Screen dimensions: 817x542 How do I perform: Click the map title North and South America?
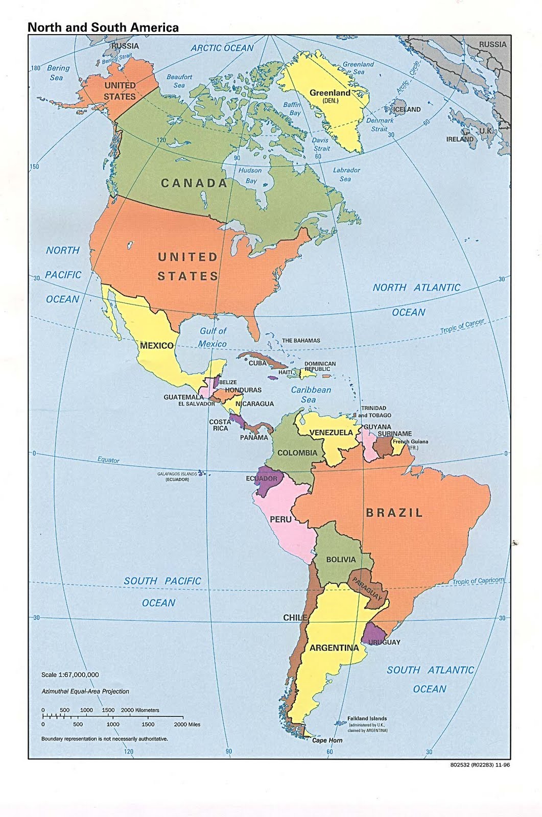[103, 28]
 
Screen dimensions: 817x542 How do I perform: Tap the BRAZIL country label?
[394, 513]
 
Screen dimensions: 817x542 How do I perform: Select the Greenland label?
[329, 93]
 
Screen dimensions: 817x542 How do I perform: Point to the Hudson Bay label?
[250, 175]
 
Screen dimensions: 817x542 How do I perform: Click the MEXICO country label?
[156, 346]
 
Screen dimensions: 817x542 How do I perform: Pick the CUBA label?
[257, 363]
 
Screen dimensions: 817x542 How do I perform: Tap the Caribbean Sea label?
[311, 394]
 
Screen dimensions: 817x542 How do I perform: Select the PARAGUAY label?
[367, 589]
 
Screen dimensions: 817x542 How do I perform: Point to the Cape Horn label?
[327, 740]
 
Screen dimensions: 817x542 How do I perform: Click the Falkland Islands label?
[367, 718]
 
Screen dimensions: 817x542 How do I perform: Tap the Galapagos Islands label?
[177, 474]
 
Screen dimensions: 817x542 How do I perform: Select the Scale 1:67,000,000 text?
[70, 675]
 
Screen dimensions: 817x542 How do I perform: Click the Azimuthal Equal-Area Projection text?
[85, 691]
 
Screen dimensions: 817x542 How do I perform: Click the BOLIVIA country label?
[340, 560]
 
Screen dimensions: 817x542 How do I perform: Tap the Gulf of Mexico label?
[213, 338]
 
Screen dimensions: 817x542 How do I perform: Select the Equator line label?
[108, 460]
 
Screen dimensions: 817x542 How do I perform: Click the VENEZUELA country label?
[331, 432]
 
